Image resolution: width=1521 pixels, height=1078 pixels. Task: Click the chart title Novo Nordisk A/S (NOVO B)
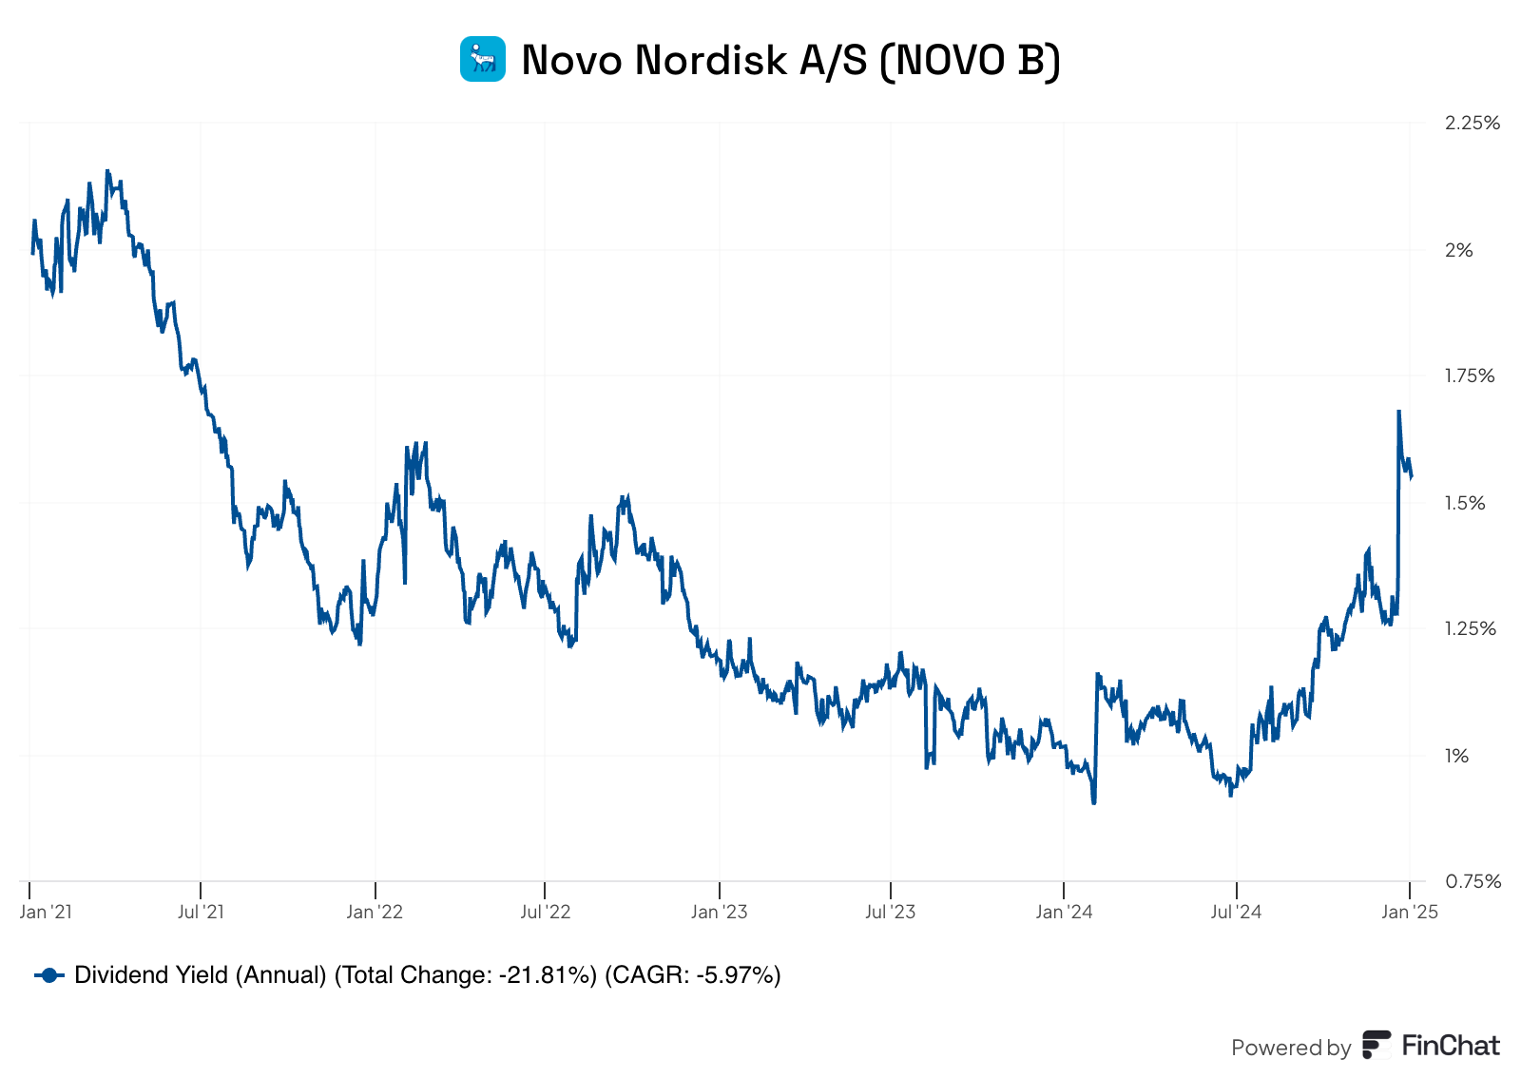[790, 60]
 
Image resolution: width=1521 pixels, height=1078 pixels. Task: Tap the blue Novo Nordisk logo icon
[483, 59]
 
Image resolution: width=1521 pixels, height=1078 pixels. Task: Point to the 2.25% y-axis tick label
[1472, 123]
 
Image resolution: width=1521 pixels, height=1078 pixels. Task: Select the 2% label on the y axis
[1458, 250]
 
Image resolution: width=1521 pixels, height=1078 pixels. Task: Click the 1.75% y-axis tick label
[1469, 375]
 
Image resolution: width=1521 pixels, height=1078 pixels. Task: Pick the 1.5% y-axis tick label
[1464, 503]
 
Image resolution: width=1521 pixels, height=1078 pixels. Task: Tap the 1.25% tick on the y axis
[1469, 628]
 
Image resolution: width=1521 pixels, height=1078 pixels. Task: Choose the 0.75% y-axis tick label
[1473, 881]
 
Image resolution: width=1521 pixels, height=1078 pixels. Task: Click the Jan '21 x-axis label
[46, 913]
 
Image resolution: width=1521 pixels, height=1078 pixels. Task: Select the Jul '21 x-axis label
[201, 913]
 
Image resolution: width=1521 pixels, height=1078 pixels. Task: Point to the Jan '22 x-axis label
[375, 913]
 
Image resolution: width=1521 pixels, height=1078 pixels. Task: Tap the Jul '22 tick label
[545, 913]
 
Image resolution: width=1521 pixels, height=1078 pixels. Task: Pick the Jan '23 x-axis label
[719, 913]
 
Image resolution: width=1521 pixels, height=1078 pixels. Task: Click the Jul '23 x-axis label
[890, 913]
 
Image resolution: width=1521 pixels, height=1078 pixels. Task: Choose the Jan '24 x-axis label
[1064, 913]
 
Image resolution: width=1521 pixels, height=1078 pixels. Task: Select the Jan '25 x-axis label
[1410, 913]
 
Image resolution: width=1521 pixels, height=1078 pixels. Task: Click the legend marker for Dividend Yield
[49, 975]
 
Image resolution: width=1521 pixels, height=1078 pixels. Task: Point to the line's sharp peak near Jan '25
[1398, 412]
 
